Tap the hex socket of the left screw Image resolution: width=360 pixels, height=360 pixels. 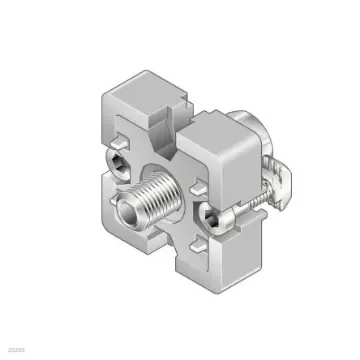pyautogui.click(x=119, y=161)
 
